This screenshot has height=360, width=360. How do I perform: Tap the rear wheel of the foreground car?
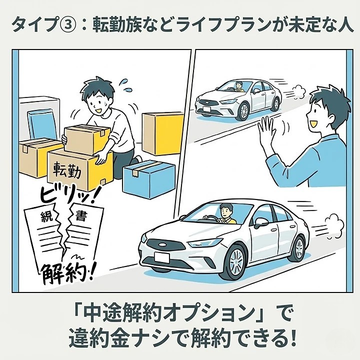299,248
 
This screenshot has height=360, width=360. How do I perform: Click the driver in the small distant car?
239,86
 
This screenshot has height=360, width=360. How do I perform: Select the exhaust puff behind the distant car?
295,91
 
